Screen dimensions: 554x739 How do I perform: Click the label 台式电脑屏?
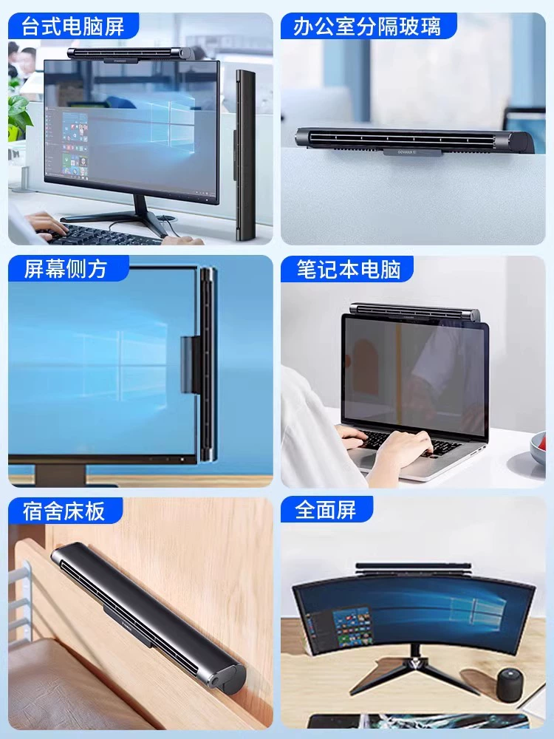(x=73, y=26)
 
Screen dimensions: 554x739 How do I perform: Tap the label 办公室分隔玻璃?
(x=367, y=26)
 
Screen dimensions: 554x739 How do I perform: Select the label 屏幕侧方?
(x=66, y=269)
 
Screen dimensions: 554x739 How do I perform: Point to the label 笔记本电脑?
(x=349, y=269)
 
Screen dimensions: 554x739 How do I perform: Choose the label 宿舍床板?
(x=64, y=511)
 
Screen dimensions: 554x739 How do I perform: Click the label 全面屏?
(x=326, y=510)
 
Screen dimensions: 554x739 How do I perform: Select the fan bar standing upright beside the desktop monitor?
(x=245, y=154)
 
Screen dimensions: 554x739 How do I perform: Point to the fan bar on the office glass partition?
(x=414, y=140)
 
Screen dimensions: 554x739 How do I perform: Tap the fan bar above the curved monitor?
(x=413, y=569)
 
